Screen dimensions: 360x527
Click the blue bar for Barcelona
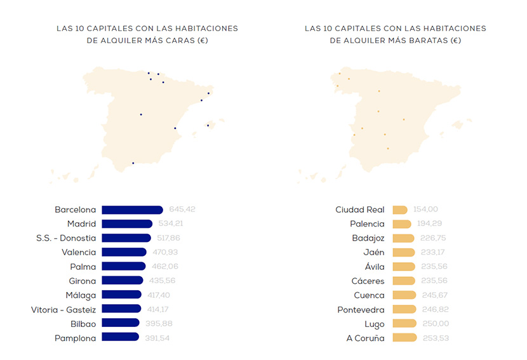coord(132,210)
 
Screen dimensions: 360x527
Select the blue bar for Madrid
coord(127,223)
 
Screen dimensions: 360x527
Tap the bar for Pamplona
coord(120,338)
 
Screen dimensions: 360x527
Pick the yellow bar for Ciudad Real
coord(400,210)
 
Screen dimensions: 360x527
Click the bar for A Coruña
coord(404,338)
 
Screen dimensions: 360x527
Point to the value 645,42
coord(182,210)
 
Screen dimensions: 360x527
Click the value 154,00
coord(425,210)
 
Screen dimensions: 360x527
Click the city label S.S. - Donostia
coord(66,238)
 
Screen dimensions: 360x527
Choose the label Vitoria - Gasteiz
coord(63,309)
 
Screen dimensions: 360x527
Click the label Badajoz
coord(368,238)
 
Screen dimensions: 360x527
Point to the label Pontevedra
coord(361,309)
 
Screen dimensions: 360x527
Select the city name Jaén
coord(374,252)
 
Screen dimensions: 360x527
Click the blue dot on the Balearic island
coord(208,125)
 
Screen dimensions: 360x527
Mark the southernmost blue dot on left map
coord(133,163)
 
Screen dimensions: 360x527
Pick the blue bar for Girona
coord(123,281)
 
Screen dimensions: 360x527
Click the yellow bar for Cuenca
coord(404,295)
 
